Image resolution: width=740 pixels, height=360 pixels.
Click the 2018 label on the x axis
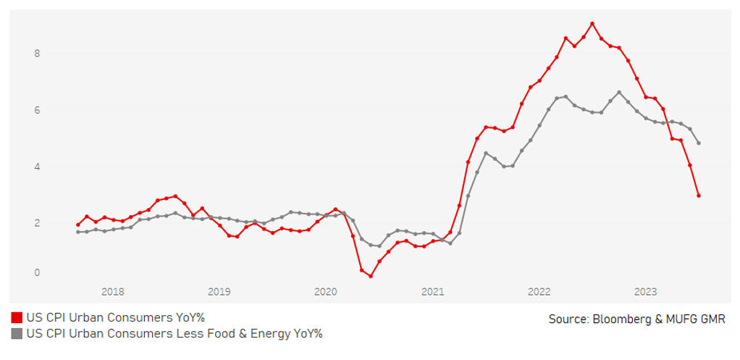pyautogui.click(x=112, y=291)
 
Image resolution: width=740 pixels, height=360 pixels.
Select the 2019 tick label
pyautogui.click(x=219, y=291)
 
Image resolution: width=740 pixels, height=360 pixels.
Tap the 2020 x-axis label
pyautogui.click(x=326, y=291)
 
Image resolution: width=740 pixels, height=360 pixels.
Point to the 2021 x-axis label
pyautogui.click(x=432, y=291)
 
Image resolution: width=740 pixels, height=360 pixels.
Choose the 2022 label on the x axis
pyautogui.click(x=539, y=291)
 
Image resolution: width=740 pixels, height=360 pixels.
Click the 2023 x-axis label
pyautogui.click(x=645, y=291)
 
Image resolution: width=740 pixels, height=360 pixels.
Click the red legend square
pyautogui.click(x=16, y=318)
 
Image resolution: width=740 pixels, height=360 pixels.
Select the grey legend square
pyautogui.click(x=16, y=334)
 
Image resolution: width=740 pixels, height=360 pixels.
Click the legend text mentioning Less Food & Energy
pyautogui.click(x=174, y=334)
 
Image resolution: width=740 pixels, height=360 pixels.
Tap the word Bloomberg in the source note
pyautogui.click(x=615, y=319)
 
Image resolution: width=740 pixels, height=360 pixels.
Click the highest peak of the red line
pyautogui.click(x=592, y=23)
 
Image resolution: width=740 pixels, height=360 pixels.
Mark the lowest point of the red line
pyautogui.click(x=370, y=276)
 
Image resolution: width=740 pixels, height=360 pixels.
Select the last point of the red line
pyautogui.click(x=699, y=196)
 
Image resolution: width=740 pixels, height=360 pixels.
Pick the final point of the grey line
pyautogui.click(x=699, y=143)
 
